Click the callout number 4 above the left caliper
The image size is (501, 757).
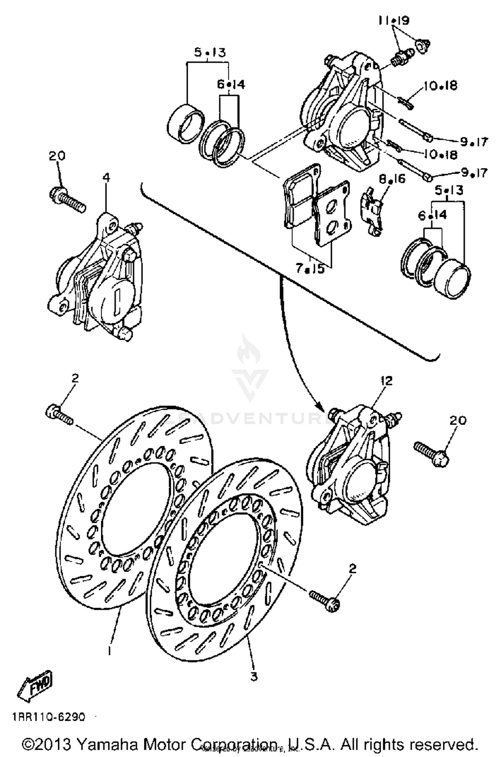point(106,178)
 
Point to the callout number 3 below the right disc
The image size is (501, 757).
point(254,677)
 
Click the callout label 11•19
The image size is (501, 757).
point(393,21)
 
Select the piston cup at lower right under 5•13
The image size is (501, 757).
point(453,280)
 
